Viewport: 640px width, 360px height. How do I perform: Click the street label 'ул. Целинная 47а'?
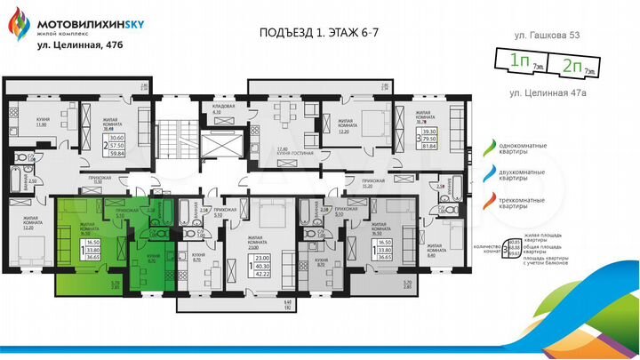click(x=542, y=92)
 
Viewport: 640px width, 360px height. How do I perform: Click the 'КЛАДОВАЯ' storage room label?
click(x=222, y=108)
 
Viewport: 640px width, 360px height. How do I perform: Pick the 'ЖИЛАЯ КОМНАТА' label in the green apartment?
click(x=89, y=228)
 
